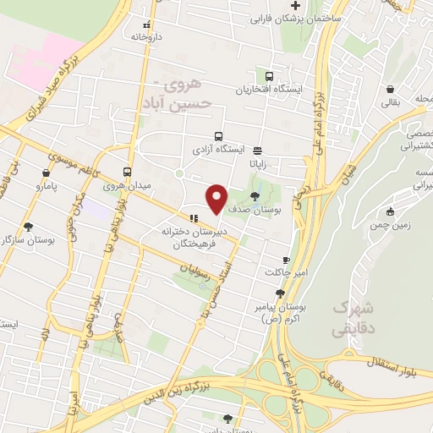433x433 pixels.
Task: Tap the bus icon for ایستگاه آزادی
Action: coord(219,136)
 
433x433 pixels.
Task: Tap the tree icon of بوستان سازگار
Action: coord(30,227)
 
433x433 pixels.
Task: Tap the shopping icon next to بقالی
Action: coord(390,89)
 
